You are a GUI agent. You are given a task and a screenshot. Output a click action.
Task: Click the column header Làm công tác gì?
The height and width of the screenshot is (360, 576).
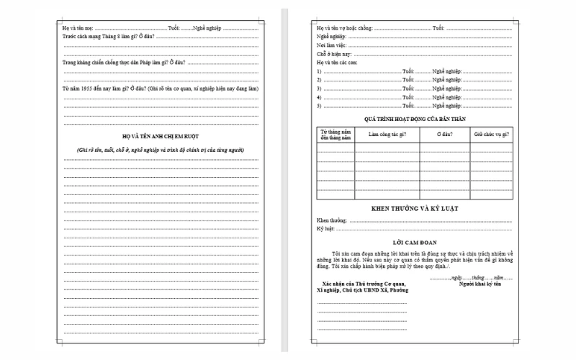(387, 135)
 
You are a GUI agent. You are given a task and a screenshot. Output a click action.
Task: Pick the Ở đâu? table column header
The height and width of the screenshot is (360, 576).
(444, 135)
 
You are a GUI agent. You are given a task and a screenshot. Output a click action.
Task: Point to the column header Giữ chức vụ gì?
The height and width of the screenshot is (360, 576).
(491, 135)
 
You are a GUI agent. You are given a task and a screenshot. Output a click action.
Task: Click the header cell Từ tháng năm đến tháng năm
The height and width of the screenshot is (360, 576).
(336, 135)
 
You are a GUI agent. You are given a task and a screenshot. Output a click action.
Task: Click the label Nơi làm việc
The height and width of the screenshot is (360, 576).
(332, 45)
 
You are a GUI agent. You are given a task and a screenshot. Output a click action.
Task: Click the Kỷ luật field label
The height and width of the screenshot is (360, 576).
(326, 229)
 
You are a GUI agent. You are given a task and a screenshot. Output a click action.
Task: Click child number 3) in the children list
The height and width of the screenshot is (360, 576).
(318, 89)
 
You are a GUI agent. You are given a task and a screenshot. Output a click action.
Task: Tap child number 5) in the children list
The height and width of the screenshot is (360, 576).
(318, 105)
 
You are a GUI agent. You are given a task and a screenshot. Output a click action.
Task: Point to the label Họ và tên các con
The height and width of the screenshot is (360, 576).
(336, 63)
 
